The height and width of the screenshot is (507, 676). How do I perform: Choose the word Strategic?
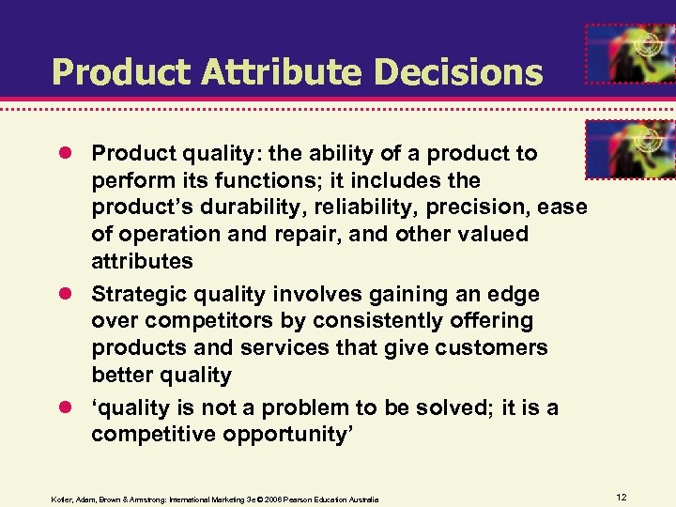tap(136, 295)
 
